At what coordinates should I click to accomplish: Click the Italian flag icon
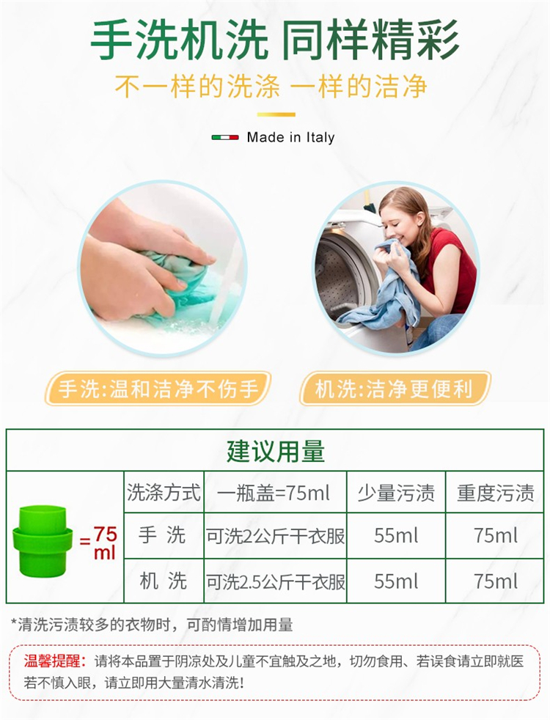point(225,137)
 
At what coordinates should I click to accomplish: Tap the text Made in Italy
point(290,137)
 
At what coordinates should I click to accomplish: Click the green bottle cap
point(43,541)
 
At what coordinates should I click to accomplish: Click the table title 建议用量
point(276,451)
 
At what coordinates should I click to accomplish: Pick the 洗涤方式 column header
point(164,492)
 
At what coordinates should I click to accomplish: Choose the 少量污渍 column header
point(396,493)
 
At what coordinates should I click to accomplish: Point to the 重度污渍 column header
point(496,493)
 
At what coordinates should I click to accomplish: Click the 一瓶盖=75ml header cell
point(274,493)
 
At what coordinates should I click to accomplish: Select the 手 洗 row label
point(162,535)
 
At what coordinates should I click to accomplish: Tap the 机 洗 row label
point(163,581)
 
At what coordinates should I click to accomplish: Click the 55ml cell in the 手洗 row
point(396,535)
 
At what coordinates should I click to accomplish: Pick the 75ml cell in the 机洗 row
point(496,581)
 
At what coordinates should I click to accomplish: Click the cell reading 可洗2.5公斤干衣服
point(275,581)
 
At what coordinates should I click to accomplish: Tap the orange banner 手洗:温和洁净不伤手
point(158,389)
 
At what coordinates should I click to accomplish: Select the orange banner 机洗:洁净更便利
point(395,389)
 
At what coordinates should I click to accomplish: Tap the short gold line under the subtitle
point(276,114)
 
